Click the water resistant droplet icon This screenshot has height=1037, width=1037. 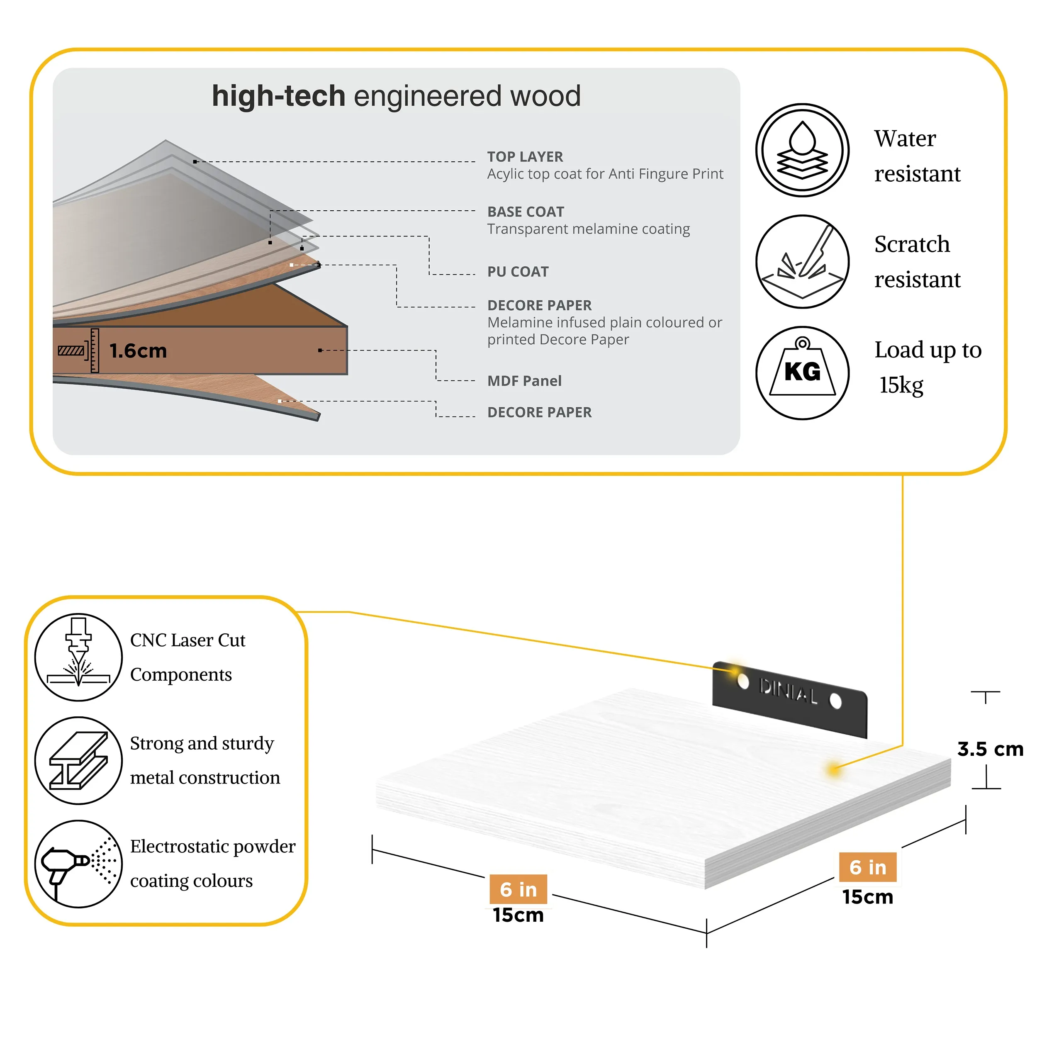(803, 150)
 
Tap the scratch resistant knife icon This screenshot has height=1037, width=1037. (803, 262)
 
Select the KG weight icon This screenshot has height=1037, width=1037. (803, 373)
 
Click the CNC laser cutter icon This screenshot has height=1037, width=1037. (79, 657)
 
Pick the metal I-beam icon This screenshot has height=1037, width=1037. (79, 761)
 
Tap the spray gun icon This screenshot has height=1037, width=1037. (79, 864)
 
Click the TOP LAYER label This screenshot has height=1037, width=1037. (525, 157)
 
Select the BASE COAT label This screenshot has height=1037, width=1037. (526, 212)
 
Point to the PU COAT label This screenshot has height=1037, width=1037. (518, 272)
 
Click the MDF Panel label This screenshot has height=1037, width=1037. (524, 381)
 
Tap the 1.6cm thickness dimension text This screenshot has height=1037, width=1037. (138, 351)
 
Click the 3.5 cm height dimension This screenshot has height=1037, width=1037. (990, 749)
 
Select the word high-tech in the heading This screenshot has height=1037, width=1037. (279, 96)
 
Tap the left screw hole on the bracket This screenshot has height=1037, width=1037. (743, 681)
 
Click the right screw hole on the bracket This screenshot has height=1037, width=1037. (836, 701)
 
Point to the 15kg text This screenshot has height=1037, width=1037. (901, 385)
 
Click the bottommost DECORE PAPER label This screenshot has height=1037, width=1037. (539, 412)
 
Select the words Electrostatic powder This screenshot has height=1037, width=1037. (212, 847)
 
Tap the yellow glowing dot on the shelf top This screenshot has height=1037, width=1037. (834, 770)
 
